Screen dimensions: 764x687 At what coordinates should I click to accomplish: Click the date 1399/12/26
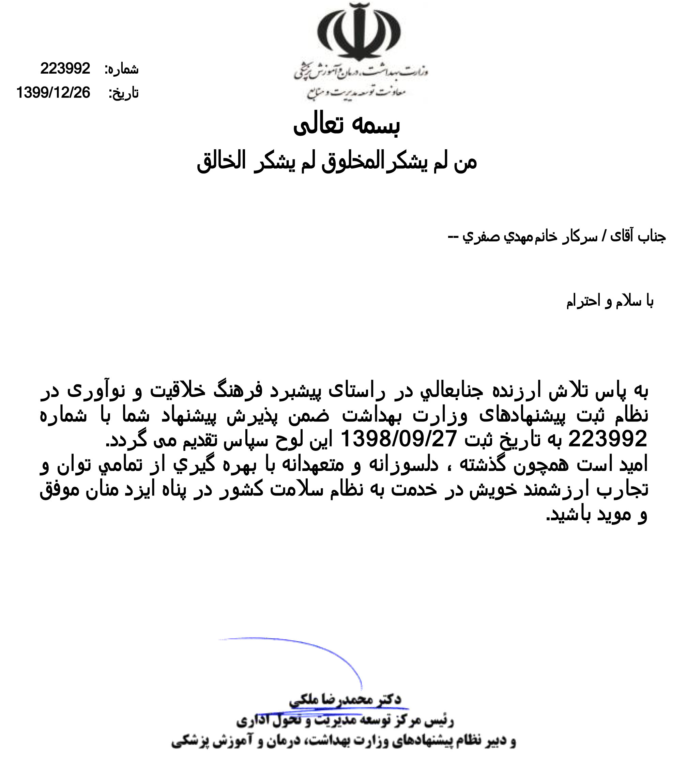[x=53, y=92]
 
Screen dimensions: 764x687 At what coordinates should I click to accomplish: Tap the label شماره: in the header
[x=122, y=70]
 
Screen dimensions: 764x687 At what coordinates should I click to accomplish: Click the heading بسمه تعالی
[x=346, y=125]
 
